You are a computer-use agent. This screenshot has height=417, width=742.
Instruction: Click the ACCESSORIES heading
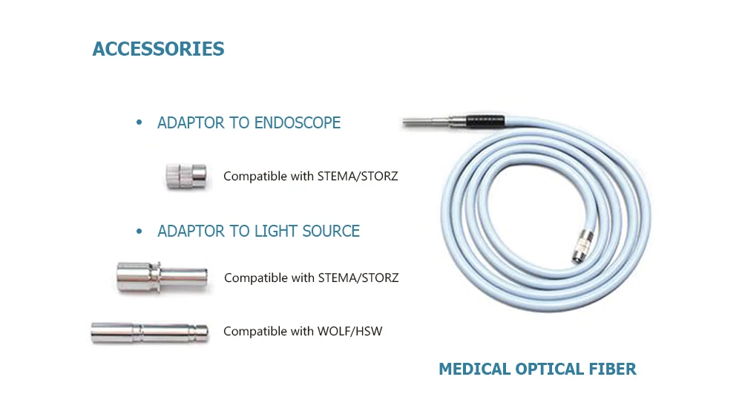[158, 50]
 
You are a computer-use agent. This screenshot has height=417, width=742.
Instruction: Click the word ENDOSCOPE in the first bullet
[298, 123]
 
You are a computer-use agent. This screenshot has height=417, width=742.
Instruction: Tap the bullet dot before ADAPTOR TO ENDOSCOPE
[139, 123]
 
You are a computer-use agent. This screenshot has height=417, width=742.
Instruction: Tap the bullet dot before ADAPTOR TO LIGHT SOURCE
[139, 232]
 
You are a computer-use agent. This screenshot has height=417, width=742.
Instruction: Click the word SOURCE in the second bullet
[331, 232]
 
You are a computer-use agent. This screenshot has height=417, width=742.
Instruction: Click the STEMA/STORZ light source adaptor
[161, 277]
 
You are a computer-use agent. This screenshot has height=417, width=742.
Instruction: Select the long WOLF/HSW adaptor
[149, 332]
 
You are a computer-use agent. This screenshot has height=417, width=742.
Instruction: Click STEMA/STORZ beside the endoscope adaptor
[358, 177]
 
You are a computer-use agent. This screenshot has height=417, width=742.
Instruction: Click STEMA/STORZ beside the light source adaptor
[358, 278]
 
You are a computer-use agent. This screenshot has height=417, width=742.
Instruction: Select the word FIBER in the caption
[612, 369]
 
